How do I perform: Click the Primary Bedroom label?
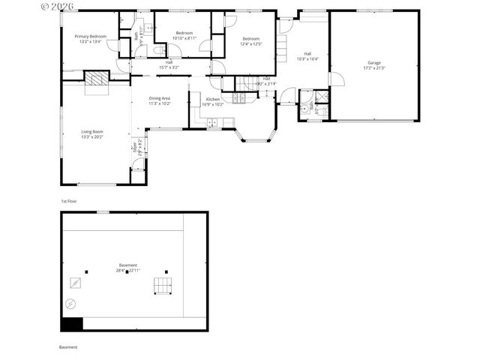[90, 36]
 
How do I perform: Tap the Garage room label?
[373, 62]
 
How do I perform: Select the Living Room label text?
[92, 132]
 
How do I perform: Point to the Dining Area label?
[159, 98]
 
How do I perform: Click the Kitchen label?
[213, 100]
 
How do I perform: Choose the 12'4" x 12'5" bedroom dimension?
[250, 43]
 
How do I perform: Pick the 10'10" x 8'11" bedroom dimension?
[184, 37]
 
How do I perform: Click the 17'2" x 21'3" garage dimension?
[373, 67]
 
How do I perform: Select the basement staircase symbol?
[163, 286]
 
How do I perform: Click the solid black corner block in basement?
[71, 324]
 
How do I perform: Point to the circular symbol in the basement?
[70, 304]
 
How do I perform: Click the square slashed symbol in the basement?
[75, 282]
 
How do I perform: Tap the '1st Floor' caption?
[69, 201]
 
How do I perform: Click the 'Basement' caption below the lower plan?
[68, 347]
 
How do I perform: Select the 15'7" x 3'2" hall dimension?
[169, 67]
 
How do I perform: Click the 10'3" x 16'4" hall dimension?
[307, 58]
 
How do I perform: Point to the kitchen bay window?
[256, 136]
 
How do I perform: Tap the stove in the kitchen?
[238, 98]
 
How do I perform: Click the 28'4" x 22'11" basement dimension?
[128, 271]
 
